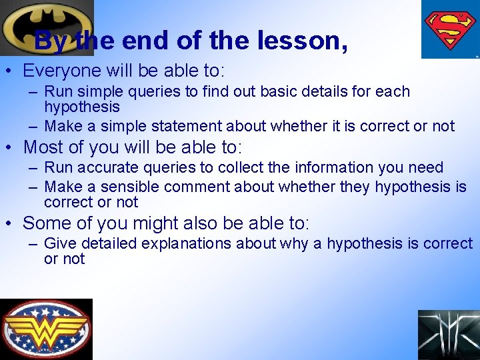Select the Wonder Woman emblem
point(46,329)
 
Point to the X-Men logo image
point(448,335)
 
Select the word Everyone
point(61,70)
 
